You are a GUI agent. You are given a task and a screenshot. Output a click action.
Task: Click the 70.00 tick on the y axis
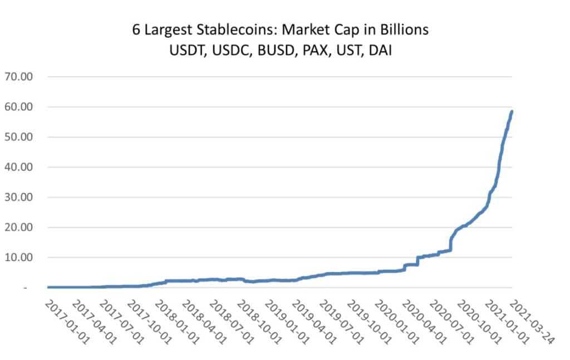coord(19,76)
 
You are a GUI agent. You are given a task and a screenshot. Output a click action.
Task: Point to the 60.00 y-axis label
coord(19,106)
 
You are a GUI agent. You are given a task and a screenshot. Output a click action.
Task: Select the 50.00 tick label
coord(19,137)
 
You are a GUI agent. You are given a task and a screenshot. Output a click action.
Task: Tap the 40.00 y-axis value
coord(19,167)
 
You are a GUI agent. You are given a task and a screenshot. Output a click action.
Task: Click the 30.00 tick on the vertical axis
coord(19,197)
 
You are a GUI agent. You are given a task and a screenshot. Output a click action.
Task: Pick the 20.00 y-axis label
coord(19,227)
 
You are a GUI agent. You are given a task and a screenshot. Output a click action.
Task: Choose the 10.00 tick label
coord(19,257)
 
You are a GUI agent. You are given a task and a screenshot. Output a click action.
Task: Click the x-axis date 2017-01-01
coord(65,322)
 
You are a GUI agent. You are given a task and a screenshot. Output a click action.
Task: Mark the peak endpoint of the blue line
coord(512,111)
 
